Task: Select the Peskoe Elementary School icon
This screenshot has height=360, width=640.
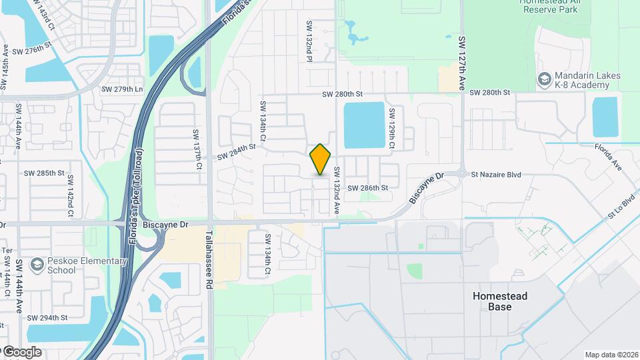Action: tap(37, 265)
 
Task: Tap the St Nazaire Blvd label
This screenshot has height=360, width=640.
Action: tap(495, 175)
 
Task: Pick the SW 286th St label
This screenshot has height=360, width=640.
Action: tap(367, 188)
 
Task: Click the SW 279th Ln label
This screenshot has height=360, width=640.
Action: tap(122, 89)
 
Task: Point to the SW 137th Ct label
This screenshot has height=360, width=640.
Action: tap(198, 149)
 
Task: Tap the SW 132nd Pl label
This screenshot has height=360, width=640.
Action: tap(309, 42)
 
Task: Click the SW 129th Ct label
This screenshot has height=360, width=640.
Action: tap(393, 129)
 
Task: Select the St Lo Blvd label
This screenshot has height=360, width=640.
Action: tap(621, 207)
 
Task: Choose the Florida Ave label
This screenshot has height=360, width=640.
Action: tap(608, 158)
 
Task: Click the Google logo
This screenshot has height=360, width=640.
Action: tap(21, 351)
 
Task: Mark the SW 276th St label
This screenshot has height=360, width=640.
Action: tap(32, 49)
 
